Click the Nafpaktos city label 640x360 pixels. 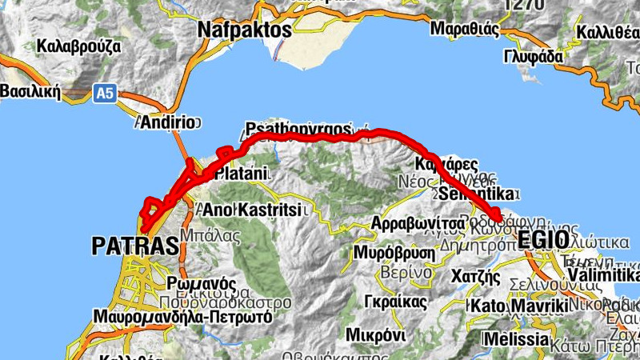tap(243, 30)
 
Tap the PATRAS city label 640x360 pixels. tap(134, 246)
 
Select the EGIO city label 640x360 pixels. tap(544, 239)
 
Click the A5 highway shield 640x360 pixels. tap(105, 94)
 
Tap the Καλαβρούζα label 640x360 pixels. tap(78, 46)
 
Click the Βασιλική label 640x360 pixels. tap(30, 90)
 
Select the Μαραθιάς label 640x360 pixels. tap(465, 30)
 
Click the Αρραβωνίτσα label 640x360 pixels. tap(419, 222)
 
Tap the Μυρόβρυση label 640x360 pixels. tap(395, 253)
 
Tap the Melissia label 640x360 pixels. tap(517, 339)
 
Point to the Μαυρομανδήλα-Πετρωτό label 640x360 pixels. tap(182, 317)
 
